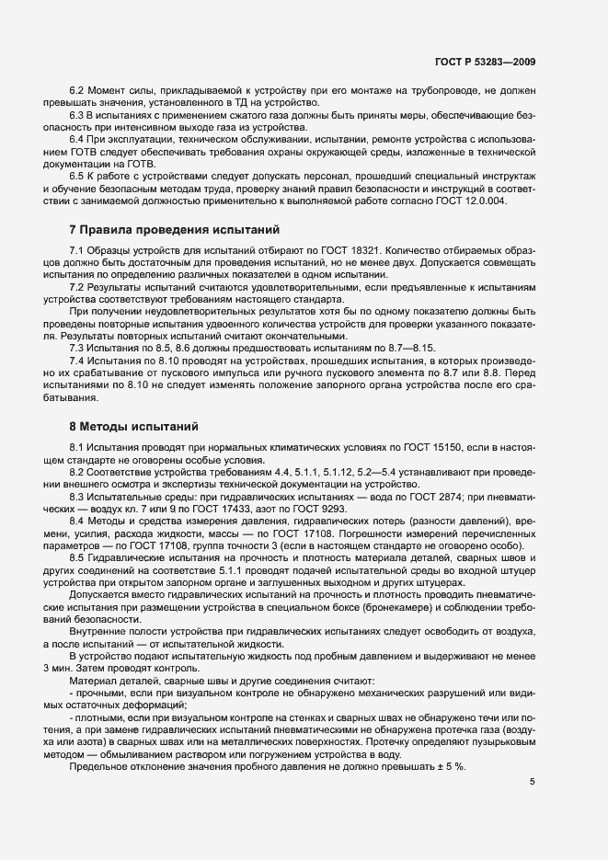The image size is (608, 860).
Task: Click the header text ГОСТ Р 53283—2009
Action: (485, 63)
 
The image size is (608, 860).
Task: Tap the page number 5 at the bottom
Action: (533, 782)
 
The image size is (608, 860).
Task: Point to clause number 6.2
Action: (78, 90)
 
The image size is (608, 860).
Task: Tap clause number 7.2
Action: (78, 288)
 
